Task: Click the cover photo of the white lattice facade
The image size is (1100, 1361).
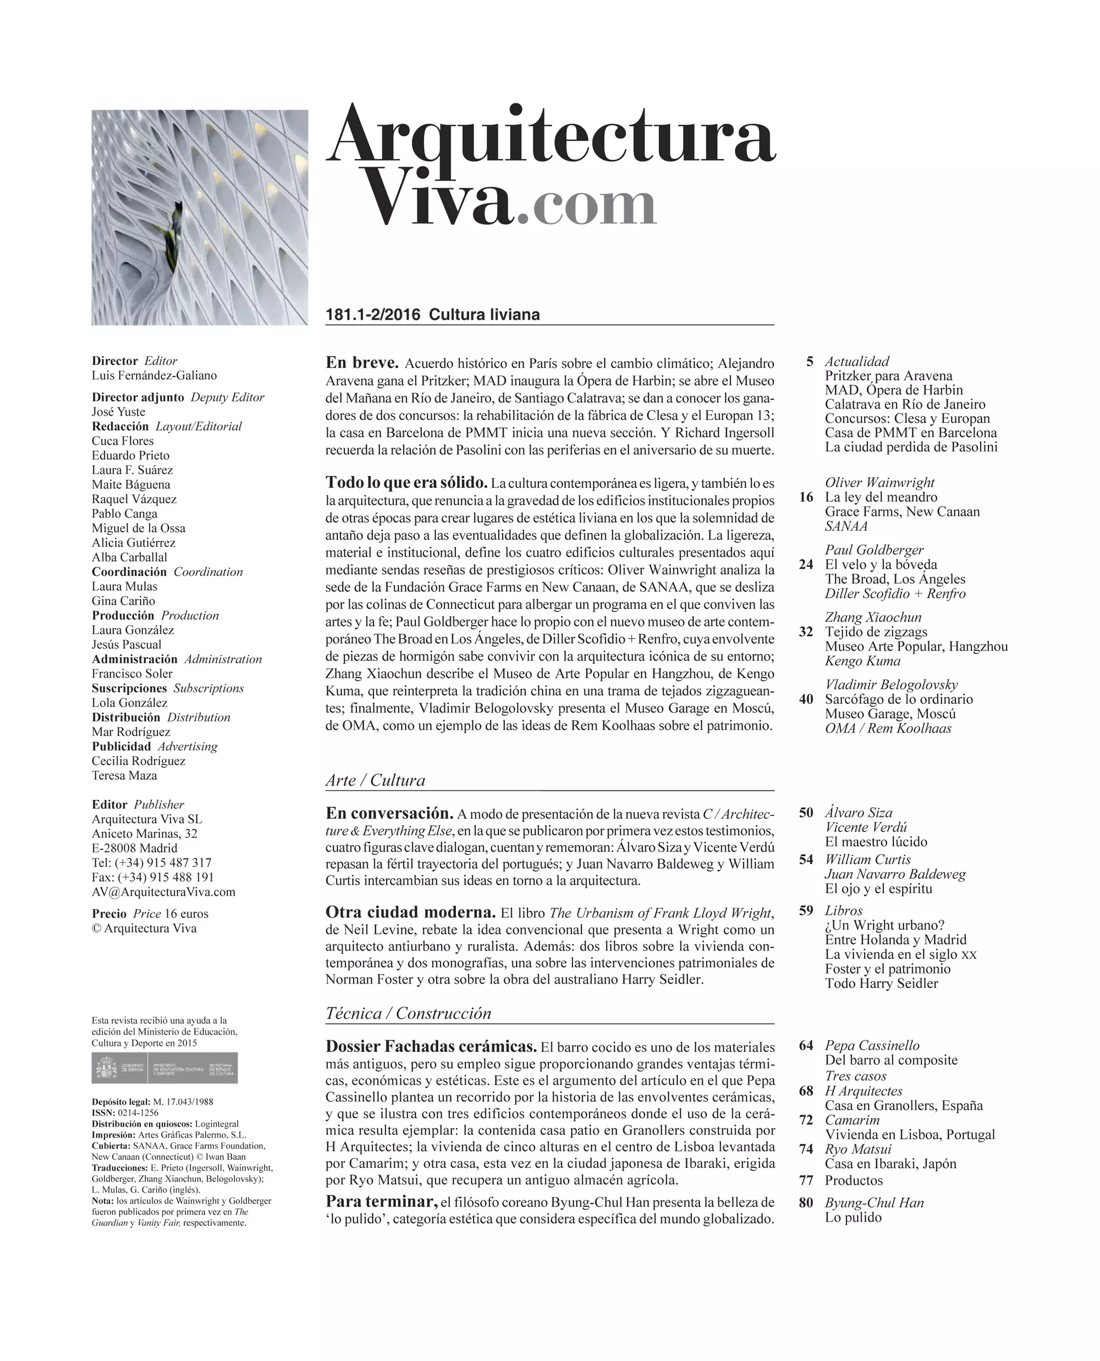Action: point(200,217)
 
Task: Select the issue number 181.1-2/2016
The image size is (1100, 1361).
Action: point(372,315)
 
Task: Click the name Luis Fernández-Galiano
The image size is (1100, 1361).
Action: point(154,375)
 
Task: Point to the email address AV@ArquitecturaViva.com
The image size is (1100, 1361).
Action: point(163,891)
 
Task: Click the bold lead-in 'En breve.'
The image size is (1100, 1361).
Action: point(362,363)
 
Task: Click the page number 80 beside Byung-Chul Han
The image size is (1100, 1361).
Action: point(806,1203)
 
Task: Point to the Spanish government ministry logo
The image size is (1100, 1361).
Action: point(165,1068)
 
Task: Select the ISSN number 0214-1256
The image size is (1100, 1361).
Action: point(138,1112)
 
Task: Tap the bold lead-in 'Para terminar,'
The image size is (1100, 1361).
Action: point(382,1202)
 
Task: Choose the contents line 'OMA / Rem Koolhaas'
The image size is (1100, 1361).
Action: point(888,728)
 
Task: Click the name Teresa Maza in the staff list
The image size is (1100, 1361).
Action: point(124,775)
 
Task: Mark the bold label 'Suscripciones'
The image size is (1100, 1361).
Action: point(129,688)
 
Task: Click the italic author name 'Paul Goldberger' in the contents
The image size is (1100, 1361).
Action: point(874,550)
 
